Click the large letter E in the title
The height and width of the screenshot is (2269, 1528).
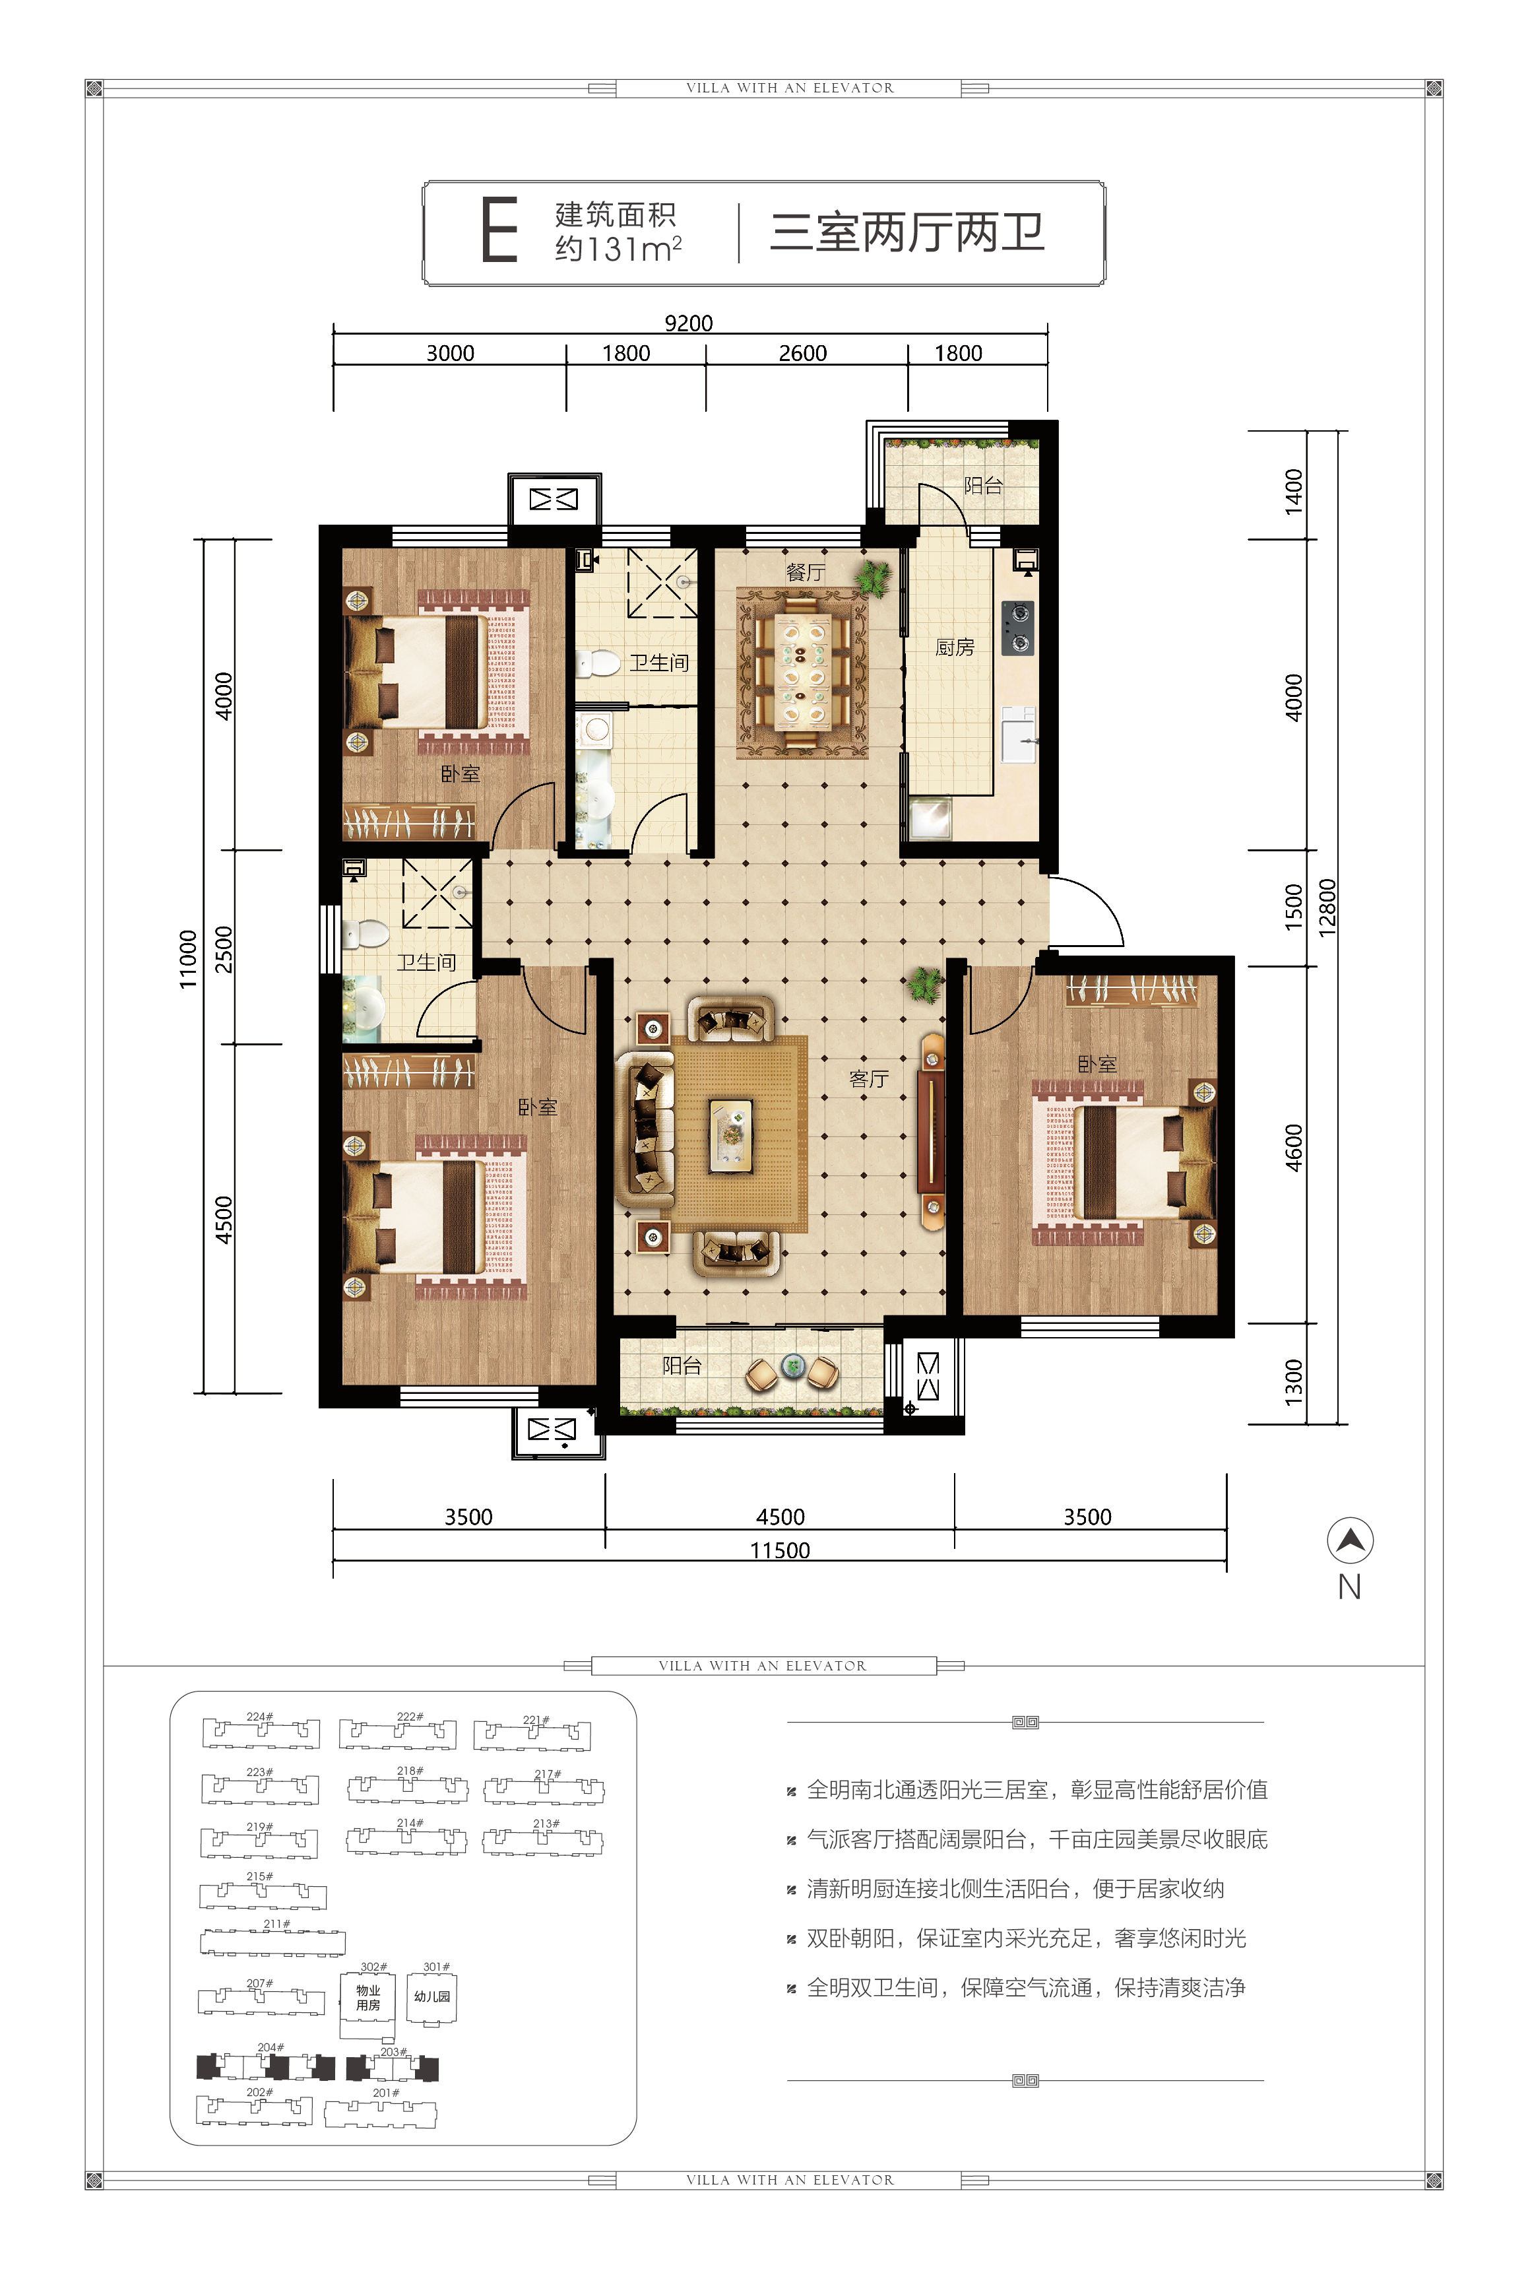(x=499, y=230)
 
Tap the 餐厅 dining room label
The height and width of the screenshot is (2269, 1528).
(x=806, y=573)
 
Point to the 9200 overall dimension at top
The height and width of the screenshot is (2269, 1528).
(x=688, y=323)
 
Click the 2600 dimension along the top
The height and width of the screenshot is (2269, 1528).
(x=802, y=353)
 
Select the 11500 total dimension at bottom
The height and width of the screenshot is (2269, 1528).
(x=780, y=1550)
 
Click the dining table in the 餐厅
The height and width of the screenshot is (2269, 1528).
(x=803, y=673)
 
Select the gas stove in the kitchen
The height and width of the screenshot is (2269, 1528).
(x=1019, y=628)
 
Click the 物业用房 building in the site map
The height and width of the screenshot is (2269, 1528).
(x=367, y=1998)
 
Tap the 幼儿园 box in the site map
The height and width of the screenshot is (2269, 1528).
(x=431, y=1996)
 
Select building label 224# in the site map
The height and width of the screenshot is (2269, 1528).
(x=259, y=1717)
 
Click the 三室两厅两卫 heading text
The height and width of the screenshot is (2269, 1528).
(x=907, y=232)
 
